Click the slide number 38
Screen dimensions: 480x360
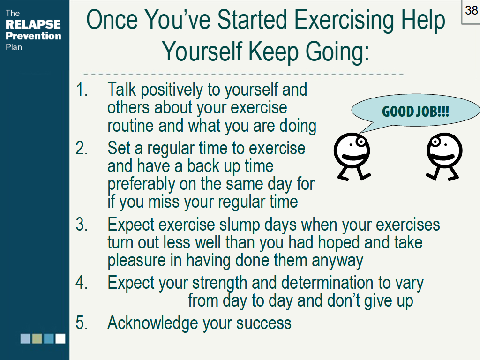[471, 11]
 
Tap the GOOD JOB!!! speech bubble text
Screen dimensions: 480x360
[415, 112]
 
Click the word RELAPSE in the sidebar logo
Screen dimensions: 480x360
[33, 24]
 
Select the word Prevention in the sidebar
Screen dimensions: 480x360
[33, 36]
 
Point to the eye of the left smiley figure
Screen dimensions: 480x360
[360, 142]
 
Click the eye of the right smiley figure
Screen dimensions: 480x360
[435, 142]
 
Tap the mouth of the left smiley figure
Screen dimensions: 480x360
[355, 157]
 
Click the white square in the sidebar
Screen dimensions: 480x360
[60, 338]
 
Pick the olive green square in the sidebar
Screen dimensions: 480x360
[37, 338]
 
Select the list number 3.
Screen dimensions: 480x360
[82, 225]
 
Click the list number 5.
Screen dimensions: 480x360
[82, 322]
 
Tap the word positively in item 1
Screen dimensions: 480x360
[172, 90]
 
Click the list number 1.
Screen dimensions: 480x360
[82, 90]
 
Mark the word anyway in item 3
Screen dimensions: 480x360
[337, 261]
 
